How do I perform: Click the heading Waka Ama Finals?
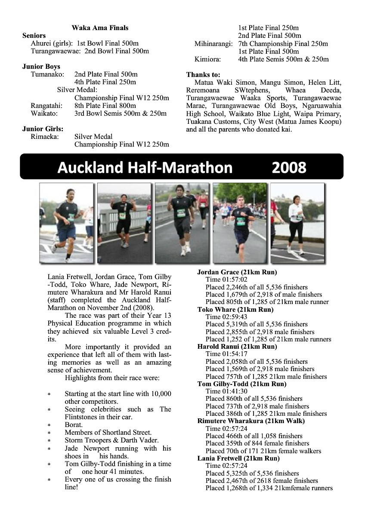pyautogui.click(x=100, y=28)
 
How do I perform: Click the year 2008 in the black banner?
pyautogui.click(x=289, y=167)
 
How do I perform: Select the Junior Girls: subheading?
pyautogui.click(x=43, y=129)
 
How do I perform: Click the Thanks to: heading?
pyautogui.click(x=203, y=74)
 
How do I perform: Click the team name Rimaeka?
pyautogui.click(x=45, y=136)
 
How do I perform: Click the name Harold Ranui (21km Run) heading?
pyautogui.click(x=237, y=346)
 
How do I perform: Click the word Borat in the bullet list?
pyautogui.click(x=73, y=424)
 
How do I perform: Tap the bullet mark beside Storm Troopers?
pyautogui.click(x=49, y=441)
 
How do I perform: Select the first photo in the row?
pyautogui.click(x=66, y=223)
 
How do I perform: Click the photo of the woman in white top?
pyautogui.click(x=297, y=223)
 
